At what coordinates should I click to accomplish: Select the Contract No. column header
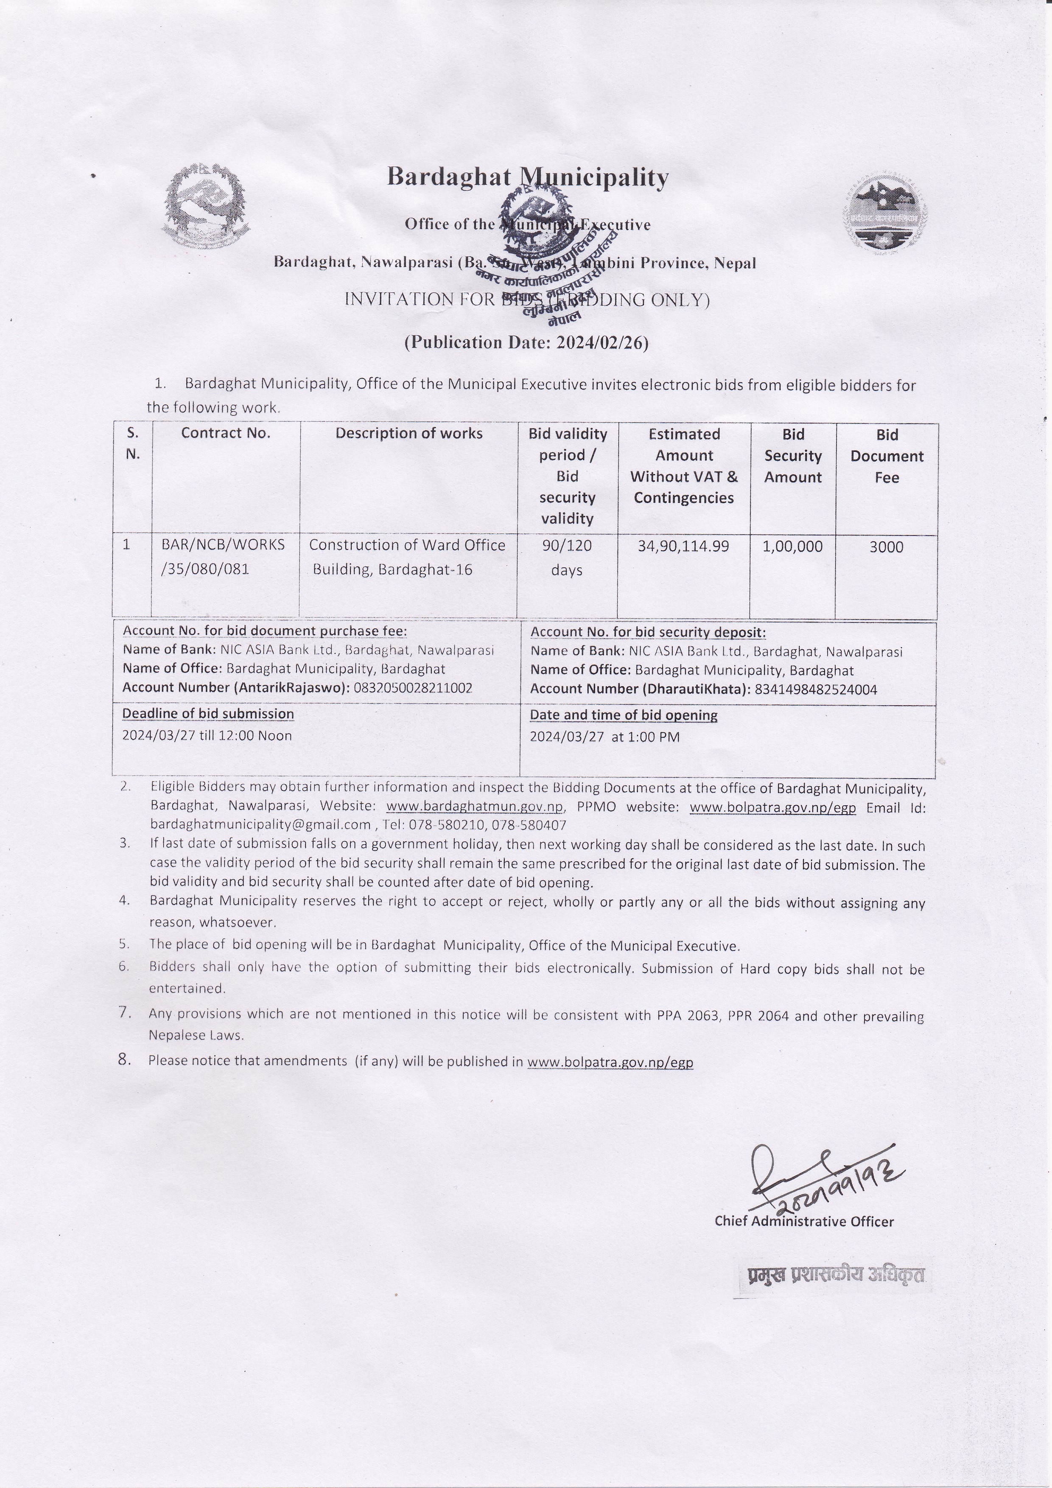tap(225, 433)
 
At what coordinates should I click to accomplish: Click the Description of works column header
tap(409, 433)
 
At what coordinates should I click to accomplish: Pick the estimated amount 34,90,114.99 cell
tap(683, 546)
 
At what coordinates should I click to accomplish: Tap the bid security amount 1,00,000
tap(792, 546)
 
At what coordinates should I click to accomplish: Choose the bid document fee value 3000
tap(886, 547)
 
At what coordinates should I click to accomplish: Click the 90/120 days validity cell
tap(567, 558)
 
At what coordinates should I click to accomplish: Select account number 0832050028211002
tap(413, 688)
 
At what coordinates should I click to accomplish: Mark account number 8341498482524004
tap(816, 689)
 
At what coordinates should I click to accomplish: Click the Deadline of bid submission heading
tap(208, 714)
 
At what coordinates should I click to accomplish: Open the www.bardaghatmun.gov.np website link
tap(475, 807)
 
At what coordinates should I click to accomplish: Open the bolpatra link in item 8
tap(610, 1062)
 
